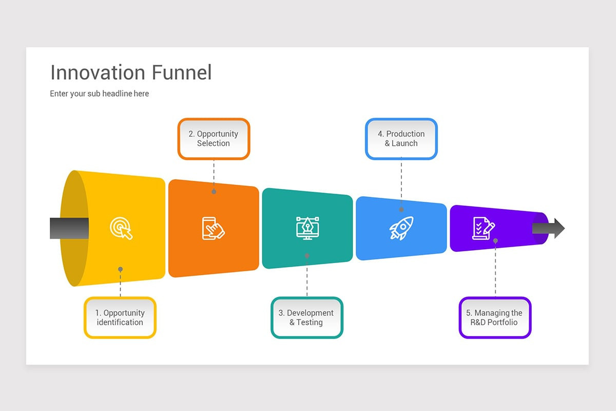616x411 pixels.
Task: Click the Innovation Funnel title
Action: point(131,72)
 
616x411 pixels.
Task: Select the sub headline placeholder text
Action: point(99,94)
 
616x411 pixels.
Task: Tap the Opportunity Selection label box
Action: point(214,139)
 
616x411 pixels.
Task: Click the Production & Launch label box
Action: point(401,139)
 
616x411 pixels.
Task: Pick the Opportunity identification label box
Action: point(120,317)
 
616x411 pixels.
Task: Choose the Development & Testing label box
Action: point(306,317)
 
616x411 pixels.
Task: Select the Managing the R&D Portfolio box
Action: point(495,317)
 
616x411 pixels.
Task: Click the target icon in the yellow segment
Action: point(121,228)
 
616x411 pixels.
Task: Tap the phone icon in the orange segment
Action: point(213,228)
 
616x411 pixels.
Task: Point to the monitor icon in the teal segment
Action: point(307,228)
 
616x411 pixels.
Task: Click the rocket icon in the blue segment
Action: point(401,228)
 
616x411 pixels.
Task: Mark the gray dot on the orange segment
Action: point(214,192)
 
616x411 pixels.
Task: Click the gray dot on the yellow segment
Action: point(120,269)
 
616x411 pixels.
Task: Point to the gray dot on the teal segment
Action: point(307,255)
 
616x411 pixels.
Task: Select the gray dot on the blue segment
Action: point(401,210)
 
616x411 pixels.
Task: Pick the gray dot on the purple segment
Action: point(495,240)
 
